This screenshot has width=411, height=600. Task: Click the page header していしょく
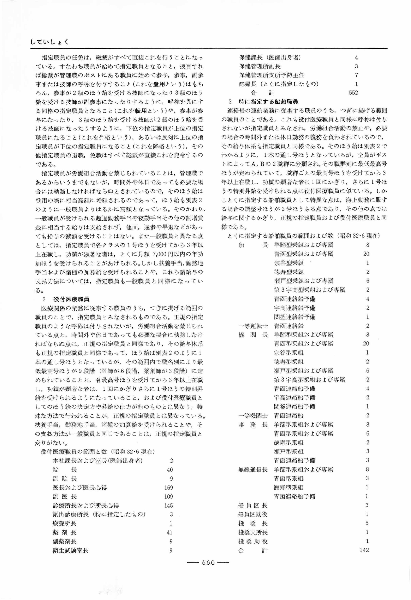pos(49,42)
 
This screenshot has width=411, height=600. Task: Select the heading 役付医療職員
pos(72,299)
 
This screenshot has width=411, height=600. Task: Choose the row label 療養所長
pos(64,523)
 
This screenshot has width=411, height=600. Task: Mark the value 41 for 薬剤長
pos(170,533)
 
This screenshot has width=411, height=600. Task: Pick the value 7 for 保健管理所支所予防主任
pos(356,75)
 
